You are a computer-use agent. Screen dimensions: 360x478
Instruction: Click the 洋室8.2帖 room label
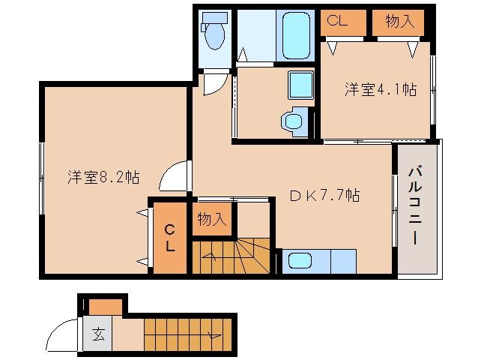[103, 178]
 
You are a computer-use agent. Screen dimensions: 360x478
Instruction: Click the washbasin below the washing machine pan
[290, 121]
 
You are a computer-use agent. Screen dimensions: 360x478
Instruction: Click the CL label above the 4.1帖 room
[338, 22]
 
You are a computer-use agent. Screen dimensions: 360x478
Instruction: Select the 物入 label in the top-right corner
[399, 22]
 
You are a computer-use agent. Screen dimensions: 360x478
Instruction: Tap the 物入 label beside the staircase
[212, 220]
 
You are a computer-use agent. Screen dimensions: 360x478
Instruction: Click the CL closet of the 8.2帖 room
[170, 238]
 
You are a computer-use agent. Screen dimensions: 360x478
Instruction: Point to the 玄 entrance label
[99, 334]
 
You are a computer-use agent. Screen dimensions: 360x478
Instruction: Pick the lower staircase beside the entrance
[187, 330]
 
